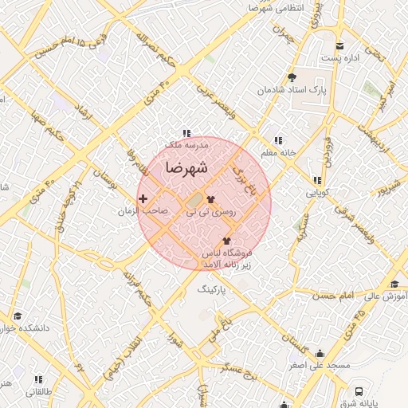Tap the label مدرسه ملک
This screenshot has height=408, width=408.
(186, 146)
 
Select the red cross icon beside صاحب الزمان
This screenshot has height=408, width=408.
(143, 198)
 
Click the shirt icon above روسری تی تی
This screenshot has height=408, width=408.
(211, 200)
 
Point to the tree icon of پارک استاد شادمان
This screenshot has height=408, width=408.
(292, 77)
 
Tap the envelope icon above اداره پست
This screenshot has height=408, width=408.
(340, 45)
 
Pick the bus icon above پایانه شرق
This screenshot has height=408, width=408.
(360, 391)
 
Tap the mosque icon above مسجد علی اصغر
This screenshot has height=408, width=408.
(320, 354)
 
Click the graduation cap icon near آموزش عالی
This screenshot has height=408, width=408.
(394, 284)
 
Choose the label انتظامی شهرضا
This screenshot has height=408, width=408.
(276, 8)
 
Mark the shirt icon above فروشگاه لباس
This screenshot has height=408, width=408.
(226, 240)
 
